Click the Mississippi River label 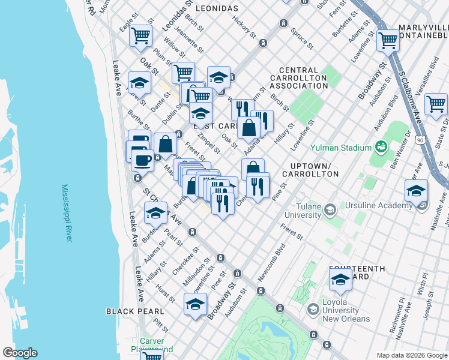coord(67,212)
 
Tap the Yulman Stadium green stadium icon coord(380,146)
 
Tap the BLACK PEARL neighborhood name coord(135,311)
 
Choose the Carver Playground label coord(152,345)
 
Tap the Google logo coord(20,353)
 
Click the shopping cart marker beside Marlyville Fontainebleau coord(388,40)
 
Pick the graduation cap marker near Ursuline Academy coord(415,192)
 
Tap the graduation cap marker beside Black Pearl coord(195,305)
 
